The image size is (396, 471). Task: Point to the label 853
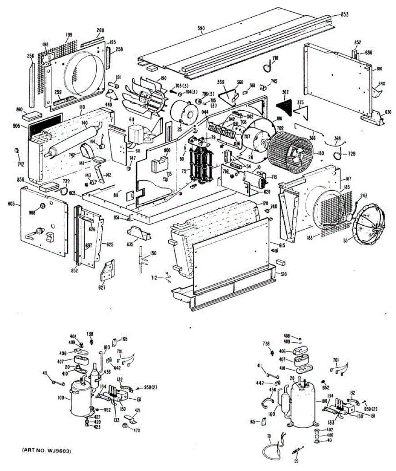tap(344, 15)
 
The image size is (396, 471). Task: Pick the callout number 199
tap(69, 35)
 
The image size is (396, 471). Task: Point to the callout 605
tap(11, 203)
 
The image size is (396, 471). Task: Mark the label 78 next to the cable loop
tap(269, 436)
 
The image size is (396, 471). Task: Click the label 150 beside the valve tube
tap(153, 253)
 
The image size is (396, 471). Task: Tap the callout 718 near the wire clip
tap(275, 58)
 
